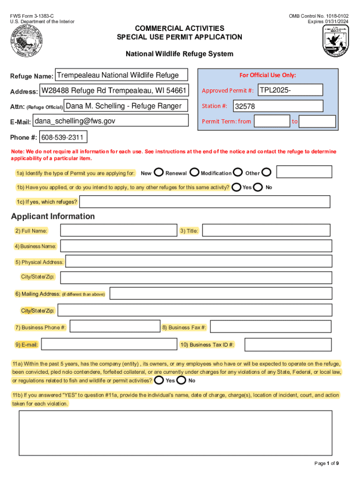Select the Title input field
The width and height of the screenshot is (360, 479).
[266, 231]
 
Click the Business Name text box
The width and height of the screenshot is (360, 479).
[195, 246]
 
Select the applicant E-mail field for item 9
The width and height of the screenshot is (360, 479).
[109, 345]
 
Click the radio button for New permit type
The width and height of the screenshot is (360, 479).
[158, 173]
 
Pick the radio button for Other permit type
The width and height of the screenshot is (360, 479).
[266, 173]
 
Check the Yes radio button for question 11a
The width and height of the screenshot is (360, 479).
[159, 380]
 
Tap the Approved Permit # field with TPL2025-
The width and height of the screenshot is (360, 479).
[290, 90]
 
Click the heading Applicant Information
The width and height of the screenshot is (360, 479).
[53, 216]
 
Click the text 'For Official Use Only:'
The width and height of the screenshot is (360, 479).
[267, 75]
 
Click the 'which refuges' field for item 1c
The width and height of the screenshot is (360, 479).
[204, 202]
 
